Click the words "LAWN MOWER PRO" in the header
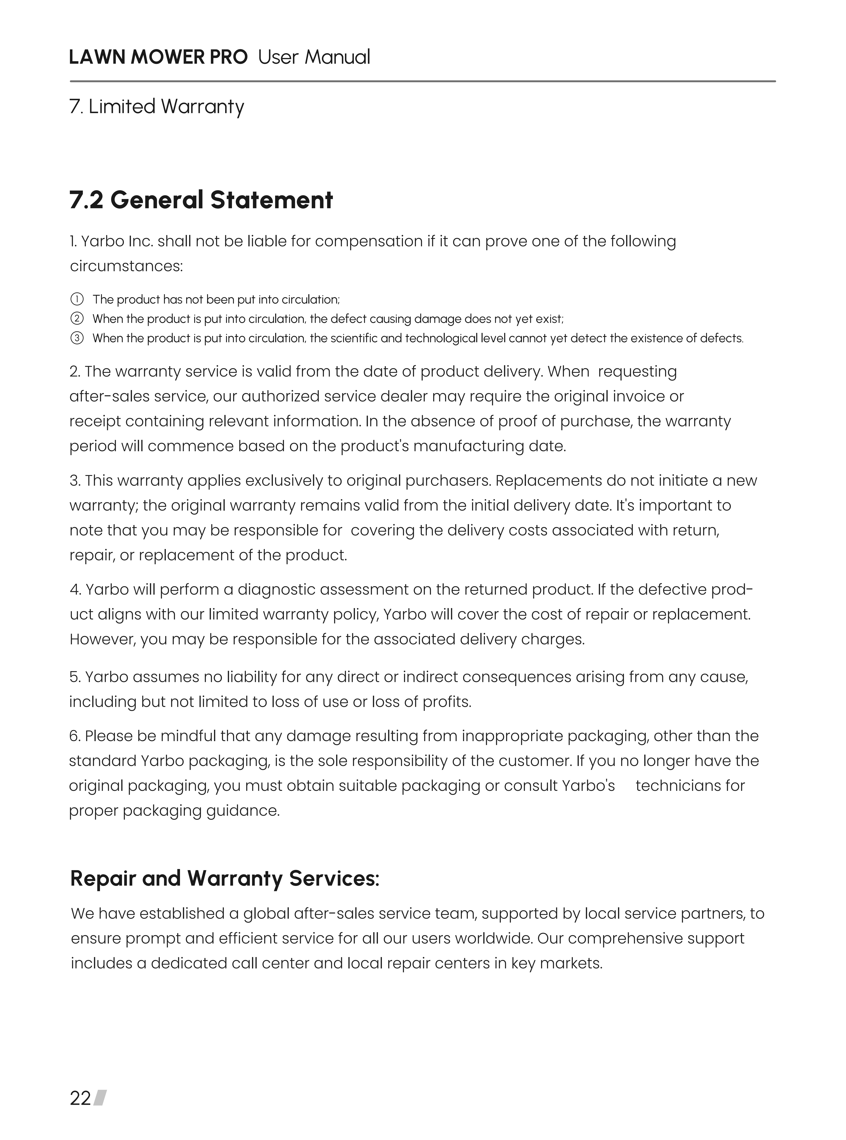click(158, 57)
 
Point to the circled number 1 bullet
click(76, 299)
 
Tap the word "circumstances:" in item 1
click(126, 266)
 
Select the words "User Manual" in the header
click(314, 57)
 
